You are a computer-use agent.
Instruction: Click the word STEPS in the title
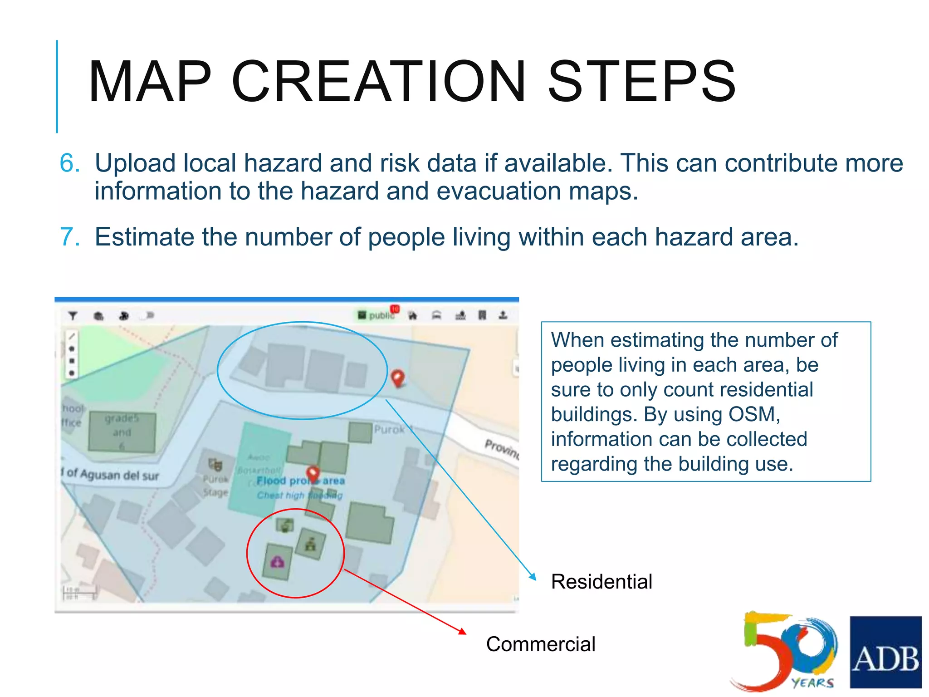pos(641,82)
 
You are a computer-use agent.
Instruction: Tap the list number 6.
pos(69,163)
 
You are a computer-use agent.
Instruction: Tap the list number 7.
pos(69,237)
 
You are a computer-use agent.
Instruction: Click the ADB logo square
pos(885,652)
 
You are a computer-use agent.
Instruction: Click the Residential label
pos(601,582)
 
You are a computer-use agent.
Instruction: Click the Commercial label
pos(540,644)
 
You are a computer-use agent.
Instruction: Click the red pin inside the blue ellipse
pos(398,378)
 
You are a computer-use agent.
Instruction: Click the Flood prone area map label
pos(300,481)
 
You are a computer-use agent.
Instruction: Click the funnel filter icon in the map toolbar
pos(73,315)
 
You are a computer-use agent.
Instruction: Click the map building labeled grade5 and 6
pos(122,432)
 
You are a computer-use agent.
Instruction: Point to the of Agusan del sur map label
pos(111,475)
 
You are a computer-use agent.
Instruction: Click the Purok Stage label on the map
pos(215,486)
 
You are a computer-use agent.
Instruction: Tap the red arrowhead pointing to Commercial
pos(462,631)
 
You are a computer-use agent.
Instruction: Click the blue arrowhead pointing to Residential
pos(533,577)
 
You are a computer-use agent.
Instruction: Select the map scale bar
pos(80,592)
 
